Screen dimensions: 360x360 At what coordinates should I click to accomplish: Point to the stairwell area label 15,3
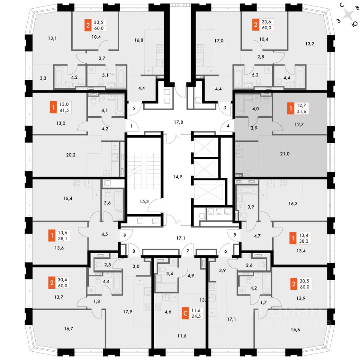click(144, 201)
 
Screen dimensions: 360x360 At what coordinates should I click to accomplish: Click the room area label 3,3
click(44, 78)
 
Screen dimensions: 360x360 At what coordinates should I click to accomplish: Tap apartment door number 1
click(132, 126)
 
